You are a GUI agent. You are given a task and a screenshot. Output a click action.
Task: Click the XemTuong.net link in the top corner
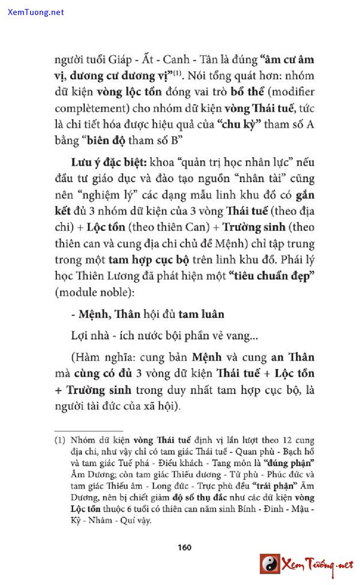(x=36, y=12)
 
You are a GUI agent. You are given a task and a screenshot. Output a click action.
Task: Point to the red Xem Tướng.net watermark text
(x=318, y=565)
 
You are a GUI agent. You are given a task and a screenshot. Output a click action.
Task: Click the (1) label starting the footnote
(x=60, y=440)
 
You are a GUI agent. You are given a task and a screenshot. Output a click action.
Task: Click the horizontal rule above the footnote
(x=89, y=430)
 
